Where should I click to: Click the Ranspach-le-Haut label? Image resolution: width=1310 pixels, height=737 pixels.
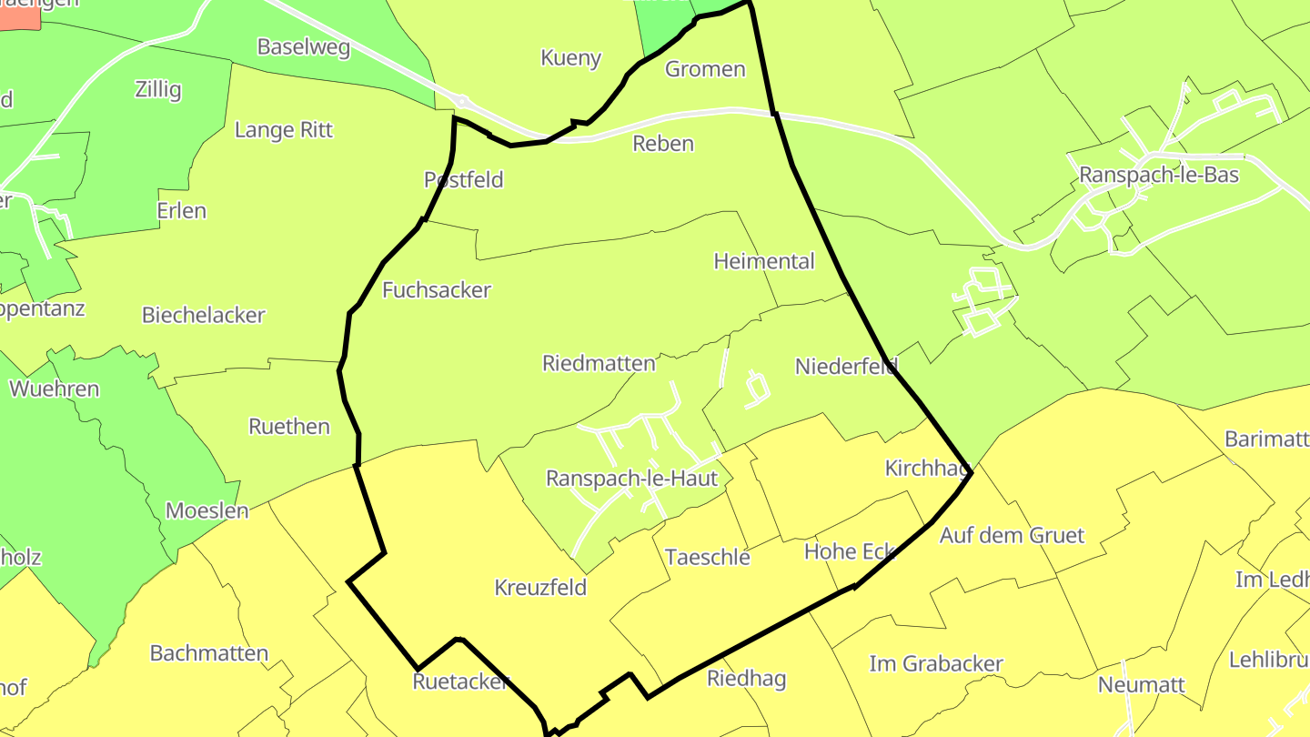[631, 478]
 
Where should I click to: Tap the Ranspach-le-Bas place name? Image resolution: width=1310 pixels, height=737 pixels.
[1158, 175]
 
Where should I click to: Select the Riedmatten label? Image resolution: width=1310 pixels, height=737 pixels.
[599, 364]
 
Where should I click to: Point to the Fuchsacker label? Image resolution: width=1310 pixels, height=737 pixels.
[436, 290]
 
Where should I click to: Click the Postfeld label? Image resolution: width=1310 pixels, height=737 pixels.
[463, 180]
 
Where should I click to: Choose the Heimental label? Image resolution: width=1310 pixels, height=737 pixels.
[763, 262]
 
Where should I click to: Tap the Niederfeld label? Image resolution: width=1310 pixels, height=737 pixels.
[845, 367]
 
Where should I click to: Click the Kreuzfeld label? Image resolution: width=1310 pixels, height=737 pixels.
[540, 588]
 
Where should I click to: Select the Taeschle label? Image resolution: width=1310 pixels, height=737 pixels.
[708, 557]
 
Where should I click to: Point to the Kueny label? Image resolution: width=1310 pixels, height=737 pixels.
[570, 58]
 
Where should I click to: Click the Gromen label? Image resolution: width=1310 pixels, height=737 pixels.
[705, 69]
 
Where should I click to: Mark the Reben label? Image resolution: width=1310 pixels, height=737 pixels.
[663, 144]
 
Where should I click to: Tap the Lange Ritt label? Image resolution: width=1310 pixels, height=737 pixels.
[284, 130]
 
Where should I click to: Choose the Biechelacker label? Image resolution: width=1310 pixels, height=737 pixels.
[203, 316]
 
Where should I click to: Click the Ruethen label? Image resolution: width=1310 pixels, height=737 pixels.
[289, 427]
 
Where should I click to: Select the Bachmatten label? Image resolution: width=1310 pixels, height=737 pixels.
[209, 653]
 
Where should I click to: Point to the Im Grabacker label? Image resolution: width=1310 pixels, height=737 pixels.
[936, 664]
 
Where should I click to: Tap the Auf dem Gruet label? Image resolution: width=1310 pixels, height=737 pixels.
[1012, 535]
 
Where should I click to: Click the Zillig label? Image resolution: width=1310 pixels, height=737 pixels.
[157, 90]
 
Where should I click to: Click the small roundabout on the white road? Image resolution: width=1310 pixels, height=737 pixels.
[461, 102]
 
